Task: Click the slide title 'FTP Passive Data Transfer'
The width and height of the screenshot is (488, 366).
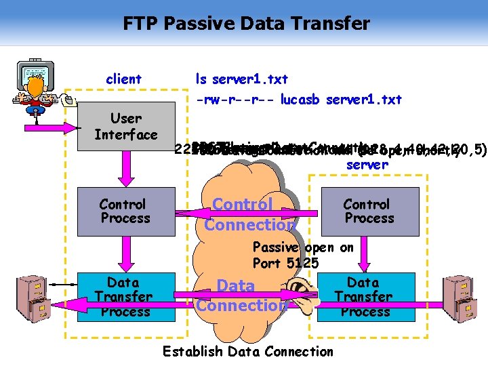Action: pyautogui.click(x=246, y=24)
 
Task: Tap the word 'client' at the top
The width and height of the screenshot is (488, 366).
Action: pyautogui.click(x=123, y=79)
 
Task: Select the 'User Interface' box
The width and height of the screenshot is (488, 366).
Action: pyautogui.click(x=126, y=127)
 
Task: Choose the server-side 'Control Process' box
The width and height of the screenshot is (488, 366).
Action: pyautogui.click(x=366, y=211)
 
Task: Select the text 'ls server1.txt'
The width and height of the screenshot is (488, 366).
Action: pyautogui.click(x=241, y=79)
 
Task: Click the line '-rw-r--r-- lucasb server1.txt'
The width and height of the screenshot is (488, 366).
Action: pyautogui.click(x=299, y=100)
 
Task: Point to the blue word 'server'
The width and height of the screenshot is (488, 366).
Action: pyautogui.click(x=367, y=165)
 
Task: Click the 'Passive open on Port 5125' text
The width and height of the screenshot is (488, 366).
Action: pyautogui.click(x=302, y=255)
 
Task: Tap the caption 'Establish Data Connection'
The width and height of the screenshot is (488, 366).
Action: pyautogui.click(x=248, y=351)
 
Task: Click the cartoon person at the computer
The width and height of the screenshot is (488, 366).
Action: pyautogui.click(x=37, y=87)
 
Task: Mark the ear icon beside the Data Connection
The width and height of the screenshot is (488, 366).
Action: pyautogui.click(x=304, y=298)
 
